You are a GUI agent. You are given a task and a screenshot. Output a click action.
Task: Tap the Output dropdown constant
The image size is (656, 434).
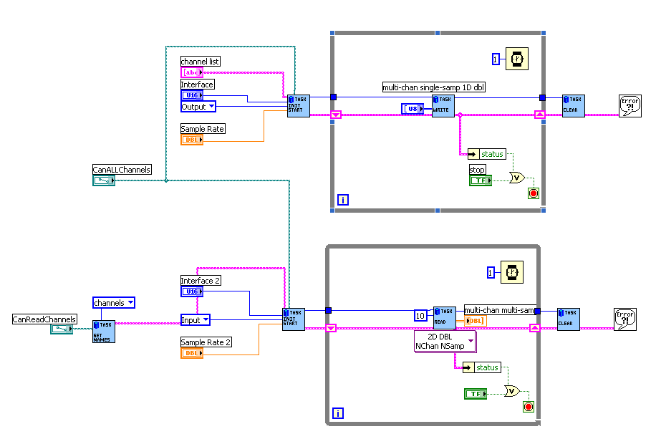[x=198, y=107]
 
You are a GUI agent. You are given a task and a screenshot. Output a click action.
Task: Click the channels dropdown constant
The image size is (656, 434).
[x=114, y=303]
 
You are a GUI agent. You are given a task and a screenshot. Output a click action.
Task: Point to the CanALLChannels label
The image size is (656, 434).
[x=122, y=170]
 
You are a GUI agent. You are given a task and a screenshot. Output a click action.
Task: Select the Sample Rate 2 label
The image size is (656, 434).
[x=206, y=342]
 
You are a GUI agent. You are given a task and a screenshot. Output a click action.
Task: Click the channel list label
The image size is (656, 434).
[x=200, y=62]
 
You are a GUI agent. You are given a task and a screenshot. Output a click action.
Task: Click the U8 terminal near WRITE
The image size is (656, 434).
[x=413, y=108]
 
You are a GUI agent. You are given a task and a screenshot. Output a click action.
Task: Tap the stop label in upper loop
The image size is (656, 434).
[x=477, y=170]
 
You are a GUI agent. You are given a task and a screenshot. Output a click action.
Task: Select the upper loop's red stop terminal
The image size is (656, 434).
[x=533, y=193]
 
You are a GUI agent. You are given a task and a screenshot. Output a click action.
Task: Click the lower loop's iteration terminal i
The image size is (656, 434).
[x=337, y=413]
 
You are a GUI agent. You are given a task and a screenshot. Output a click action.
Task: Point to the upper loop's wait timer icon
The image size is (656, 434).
[x=517, y=59]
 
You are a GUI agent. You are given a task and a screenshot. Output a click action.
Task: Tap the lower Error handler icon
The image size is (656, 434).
[x=624, y=319]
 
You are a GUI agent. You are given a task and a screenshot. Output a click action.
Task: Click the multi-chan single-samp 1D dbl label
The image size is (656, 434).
[x=434, y=87]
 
